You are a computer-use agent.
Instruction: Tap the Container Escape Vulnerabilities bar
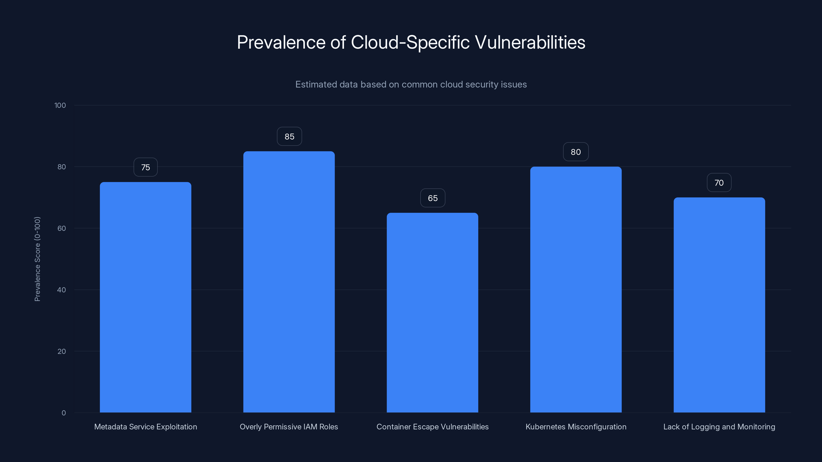coord(432,312)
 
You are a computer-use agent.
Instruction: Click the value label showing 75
coord(145,167)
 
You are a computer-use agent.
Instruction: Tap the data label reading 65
coord(433,198)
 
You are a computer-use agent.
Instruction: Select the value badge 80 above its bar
coord(576,152)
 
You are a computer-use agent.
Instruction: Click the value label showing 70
coord(719,183)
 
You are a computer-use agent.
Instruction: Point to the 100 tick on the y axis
coord(60,105)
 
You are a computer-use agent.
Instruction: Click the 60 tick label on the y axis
coord(62,228)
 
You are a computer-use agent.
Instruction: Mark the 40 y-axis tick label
coord(62,290)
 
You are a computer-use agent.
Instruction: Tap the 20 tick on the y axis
coord(62,351)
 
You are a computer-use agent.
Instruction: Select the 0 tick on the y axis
coord(63,413)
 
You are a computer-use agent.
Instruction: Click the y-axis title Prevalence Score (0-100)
coord(37,259)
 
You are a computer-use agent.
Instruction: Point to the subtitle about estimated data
coord(411,84)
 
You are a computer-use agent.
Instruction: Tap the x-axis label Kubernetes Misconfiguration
coord(576,427)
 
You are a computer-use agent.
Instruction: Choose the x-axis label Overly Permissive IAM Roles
coord(289,427)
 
